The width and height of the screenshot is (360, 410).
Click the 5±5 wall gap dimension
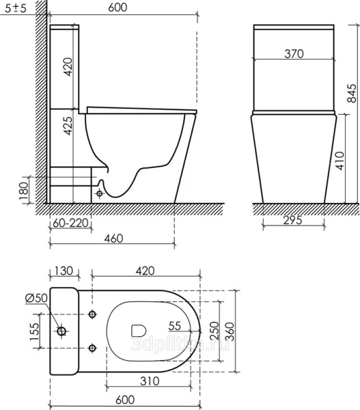[16, 8]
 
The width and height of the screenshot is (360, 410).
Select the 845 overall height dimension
[352, 94]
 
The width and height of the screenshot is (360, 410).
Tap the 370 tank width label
[294, 53]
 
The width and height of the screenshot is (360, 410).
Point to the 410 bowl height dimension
[340, 161]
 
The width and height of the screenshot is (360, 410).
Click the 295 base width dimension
[293, 220]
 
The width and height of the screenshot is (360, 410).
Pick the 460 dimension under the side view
[113, 238]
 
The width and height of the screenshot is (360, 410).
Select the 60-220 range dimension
[70, 223]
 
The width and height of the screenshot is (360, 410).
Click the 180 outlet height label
[23, 191]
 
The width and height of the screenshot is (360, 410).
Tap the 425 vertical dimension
[68, 126]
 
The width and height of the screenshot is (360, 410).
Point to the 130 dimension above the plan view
[64, 271]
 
